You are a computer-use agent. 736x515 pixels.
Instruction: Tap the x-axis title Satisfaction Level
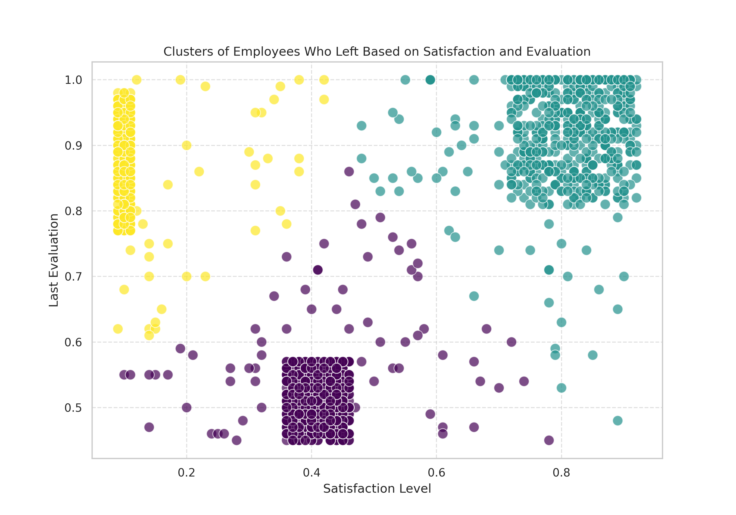click(x=377, y=489)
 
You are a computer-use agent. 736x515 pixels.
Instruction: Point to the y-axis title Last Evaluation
click(x=54, y=260)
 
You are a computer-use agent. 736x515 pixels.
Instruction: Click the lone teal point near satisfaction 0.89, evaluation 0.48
click(x=618, y=420)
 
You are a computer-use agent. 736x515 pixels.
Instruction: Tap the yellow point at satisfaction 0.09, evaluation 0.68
click(x=124, y=289)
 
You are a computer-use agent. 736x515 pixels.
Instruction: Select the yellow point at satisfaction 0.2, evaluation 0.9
click(x=186, y=145)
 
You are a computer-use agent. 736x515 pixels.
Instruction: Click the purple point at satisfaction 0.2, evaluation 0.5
click(x=186, y=408)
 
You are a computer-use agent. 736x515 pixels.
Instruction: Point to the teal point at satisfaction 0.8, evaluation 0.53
click(x=561, y=388)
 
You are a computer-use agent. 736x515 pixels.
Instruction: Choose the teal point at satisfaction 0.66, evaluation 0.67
click(x=474, y=296)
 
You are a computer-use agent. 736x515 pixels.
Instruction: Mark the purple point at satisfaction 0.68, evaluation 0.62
click(x=486, y=329)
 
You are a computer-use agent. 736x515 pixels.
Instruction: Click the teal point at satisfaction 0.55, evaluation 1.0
click(x=405, y=80)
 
